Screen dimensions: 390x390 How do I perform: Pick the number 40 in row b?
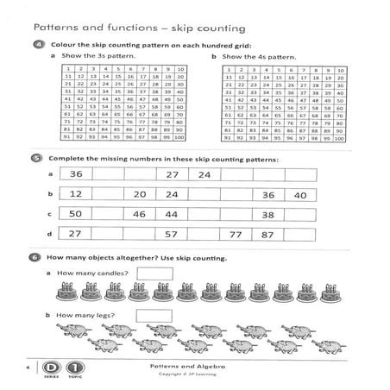(300, 196)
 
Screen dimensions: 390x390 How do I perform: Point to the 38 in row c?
(268, 215)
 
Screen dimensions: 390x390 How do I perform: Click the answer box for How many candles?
(155, 274)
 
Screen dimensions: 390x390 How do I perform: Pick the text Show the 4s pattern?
(255, 57)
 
